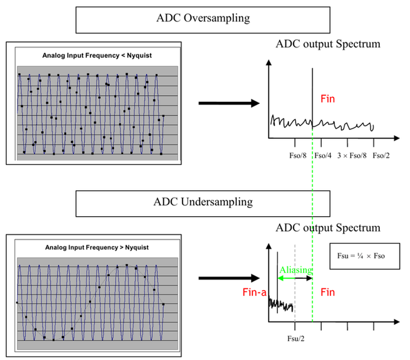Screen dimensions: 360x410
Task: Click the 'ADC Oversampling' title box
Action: (x=203, y=19)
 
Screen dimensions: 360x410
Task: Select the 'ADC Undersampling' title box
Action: (x=203, y=202)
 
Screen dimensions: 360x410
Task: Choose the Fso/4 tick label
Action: (x=323, y=156)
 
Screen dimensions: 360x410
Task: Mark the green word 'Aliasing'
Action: (x=296, y=270)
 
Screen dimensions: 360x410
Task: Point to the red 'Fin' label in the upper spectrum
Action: (x=328, y=98)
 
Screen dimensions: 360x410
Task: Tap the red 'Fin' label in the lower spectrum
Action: (x=328, y=292)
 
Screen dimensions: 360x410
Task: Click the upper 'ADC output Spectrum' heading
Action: (x=328, y=44)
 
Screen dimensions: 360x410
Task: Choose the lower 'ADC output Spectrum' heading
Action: (x=328, y=228)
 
